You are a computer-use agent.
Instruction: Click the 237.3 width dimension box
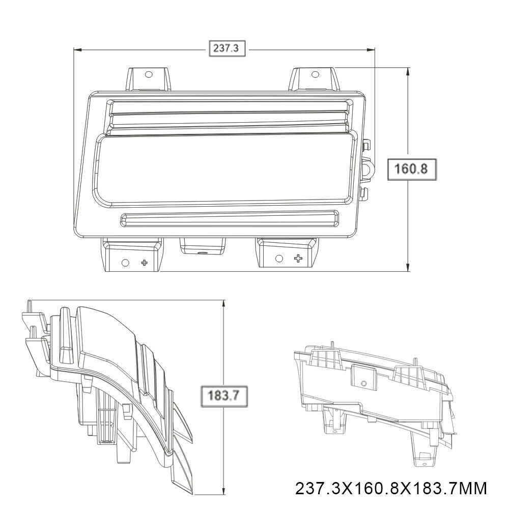227,48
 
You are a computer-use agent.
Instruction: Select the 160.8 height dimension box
412,169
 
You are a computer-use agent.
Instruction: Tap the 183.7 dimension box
224,395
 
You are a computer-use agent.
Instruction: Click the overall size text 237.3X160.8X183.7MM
390,489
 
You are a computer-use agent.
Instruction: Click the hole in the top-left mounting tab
148,75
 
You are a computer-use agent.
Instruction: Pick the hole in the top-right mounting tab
315,74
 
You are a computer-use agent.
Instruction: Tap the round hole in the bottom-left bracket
125,262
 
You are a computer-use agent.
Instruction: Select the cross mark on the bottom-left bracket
145,262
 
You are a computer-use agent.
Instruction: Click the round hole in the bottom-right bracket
279,259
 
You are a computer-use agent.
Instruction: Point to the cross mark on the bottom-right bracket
298,259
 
